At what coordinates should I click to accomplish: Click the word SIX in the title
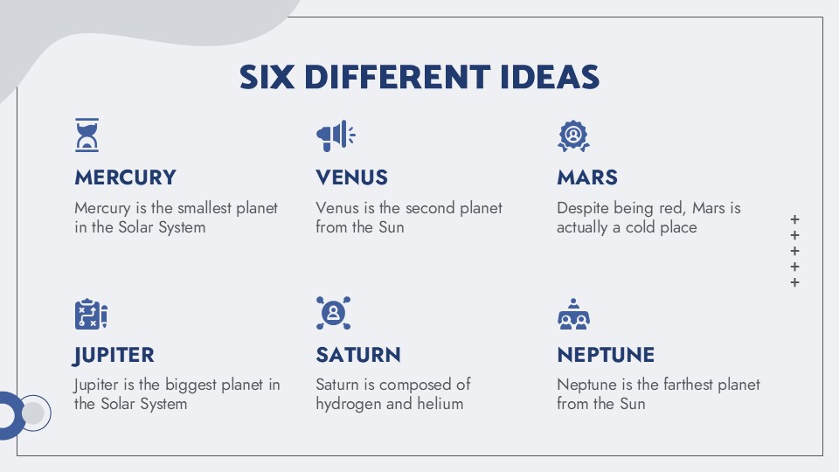[267, 77]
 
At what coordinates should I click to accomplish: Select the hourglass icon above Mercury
[87, 135]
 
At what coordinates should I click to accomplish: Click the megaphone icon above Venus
[336, 136]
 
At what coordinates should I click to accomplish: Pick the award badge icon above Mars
[573, 136]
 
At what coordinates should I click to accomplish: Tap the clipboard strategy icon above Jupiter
[91, 314]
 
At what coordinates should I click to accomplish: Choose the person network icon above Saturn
[333, 313]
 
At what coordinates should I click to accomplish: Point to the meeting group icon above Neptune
[573, 314]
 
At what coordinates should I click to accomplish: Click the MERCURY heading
[125, 177]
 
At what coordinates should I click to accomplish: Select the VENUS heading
[351, 177]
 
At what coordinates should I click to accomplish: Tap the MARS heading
[587, 177]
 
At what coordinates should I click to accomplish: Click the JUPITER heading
[114, 356]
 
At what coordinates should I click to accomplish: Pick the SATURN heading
[358, 355]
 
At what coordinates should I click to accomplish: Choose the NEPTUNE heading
[606, 355]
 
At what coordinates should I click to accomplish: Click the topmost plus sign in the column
[794, 219]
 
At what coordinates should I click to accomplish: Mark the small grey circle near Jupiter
[32, 413]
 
